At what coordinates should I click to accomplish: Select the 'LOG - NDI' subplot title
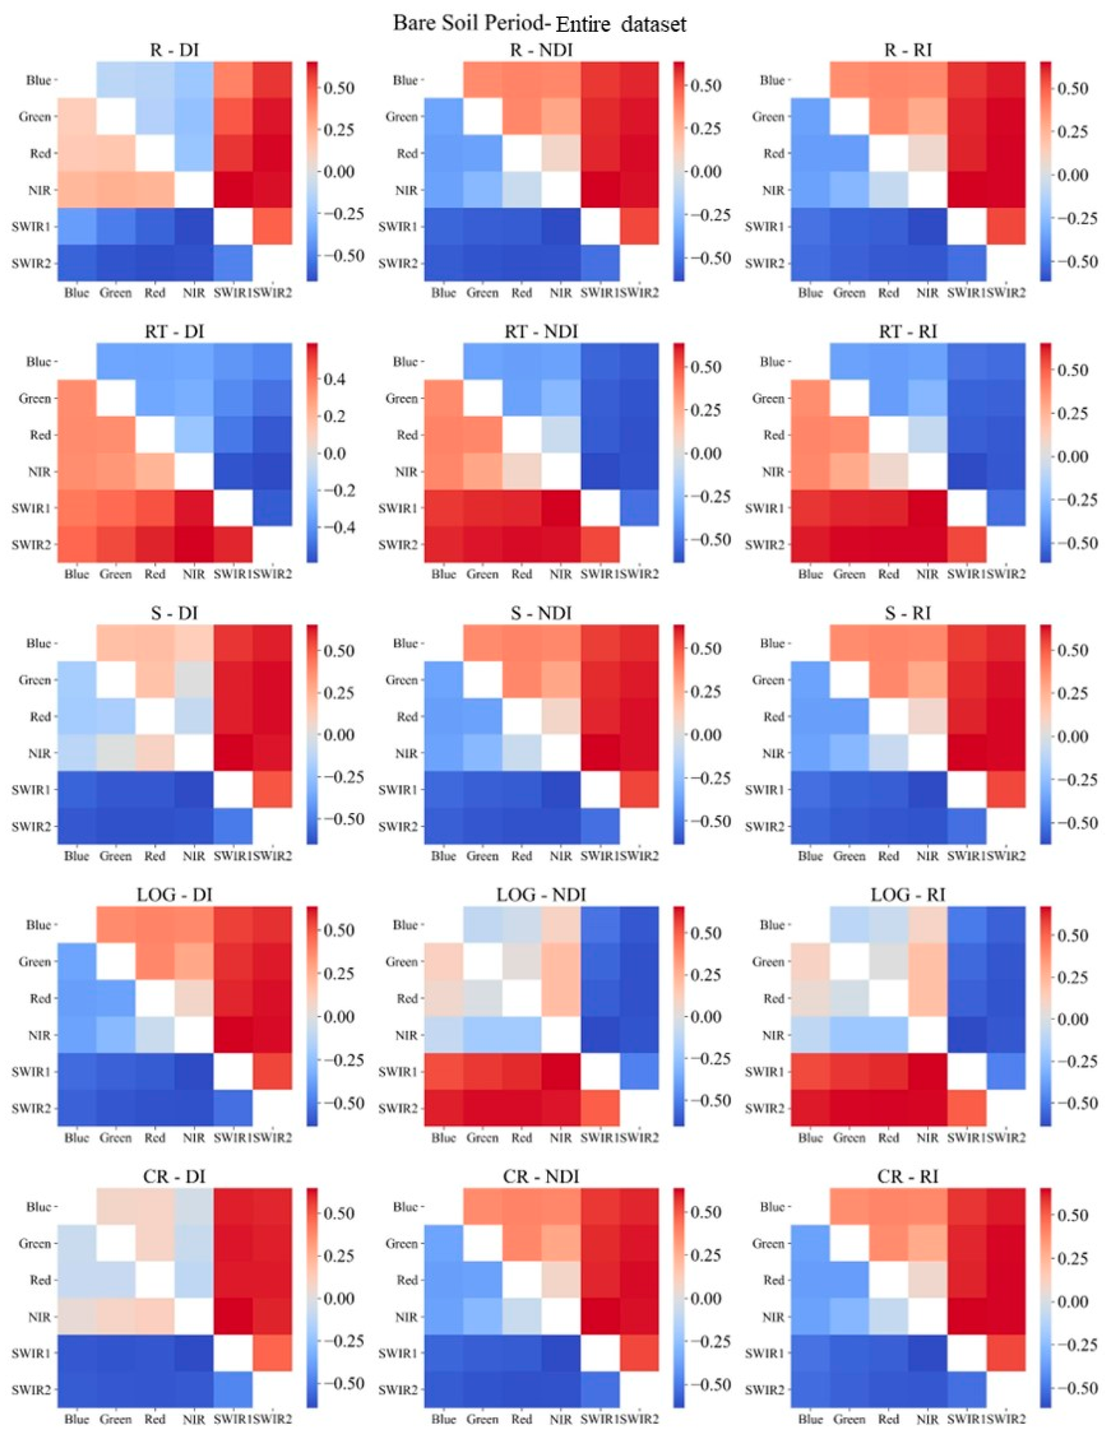(540, 895)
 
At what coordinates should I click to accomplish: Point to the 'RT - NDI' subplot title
(540, 332)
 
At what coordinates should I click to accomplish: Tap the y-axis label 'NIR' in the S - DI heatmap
(40, 753)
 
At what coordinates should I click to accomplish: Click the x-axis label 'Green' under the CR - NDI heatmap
(482, 1419)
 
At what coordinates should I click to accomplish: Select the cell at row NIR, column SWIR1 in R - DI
(233, 190)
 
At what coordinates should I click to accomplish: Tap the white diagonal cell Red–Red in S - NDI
(521, 716)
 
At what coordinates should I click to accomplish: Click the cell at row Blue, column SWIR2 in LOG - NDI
(639, 925)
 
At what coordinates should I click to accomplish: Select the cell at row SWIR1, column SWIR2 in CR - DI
(272, 1353)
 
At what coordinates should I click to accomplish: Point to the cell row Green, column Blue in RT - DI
(76, 398)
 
